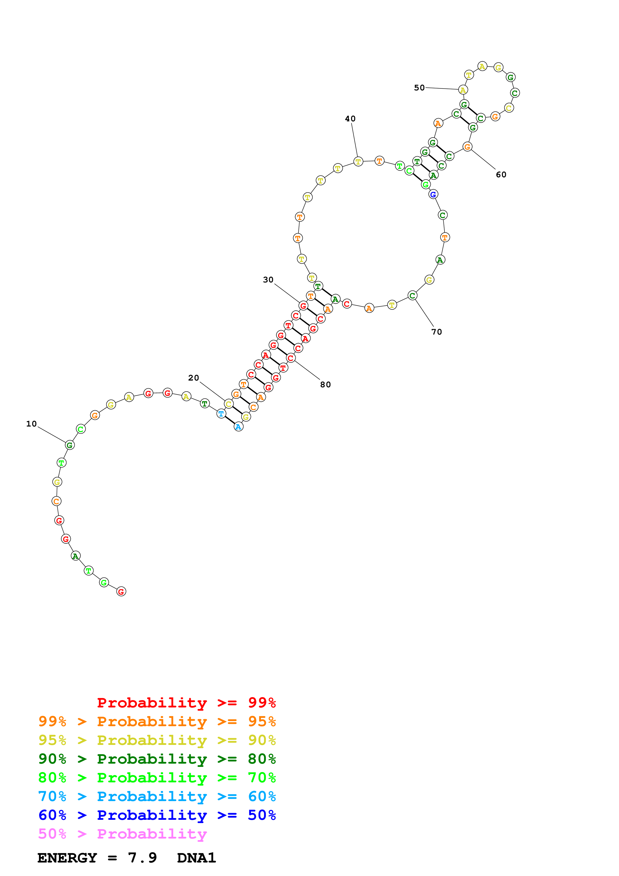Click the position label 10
31,424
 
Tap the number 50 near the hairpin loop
419,88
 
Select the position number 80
325,385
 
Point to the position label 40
350,119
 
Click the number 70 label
437,332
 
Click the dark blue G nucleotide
433,195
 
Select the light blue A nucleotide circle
238,427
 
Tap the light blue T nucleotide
221,414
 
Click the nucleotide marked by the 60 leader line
467,147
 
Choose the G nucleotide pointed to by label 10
69,445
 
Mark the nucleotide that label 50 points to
463,90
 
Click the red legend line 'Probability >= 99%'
186,702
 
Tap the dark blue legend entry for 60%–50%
157,815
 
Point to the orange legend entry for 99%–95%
157,721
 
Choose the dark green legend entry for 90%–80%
157,759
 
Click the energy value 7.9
142,858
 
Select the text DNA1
197,858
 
